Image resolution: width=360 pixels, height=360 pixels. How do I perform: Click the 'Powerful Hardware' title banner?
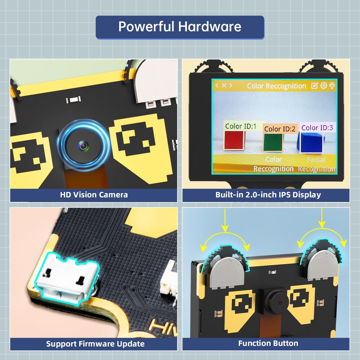180,27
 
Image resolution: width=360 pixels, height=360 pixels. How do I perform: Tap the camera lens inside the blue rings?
83,146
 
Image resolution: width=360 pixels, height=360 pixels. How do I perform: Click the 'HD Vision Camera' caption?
94,195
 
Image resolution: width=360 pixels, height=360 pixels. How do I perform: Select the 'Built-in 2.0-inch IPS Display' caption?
268,195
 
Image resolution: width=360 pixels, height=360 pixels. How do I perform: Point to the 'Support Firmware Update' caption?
95,344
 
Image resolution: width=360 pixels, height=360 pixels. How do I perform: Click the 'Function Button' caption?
268,343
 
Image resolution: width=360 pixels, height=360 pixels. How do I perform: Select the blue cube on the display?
312,142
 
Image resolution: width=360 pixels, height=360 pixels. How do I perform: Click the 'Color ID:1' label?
241,126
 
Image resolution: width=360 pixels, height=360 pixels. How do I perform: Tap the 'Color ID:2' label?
280,129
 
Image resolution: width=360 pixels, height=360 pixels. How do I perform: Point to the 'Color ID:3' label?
317,128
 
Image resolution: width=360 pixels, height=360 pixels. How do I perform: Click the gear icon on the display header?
323,86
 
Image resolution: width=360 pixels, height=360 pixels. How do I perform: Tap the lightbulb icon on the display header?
331,86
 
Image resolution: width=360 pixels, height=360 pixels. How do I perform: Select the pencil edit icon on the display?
314,86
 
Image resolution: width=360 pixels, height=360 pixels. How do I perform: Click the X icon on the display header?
224,85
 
